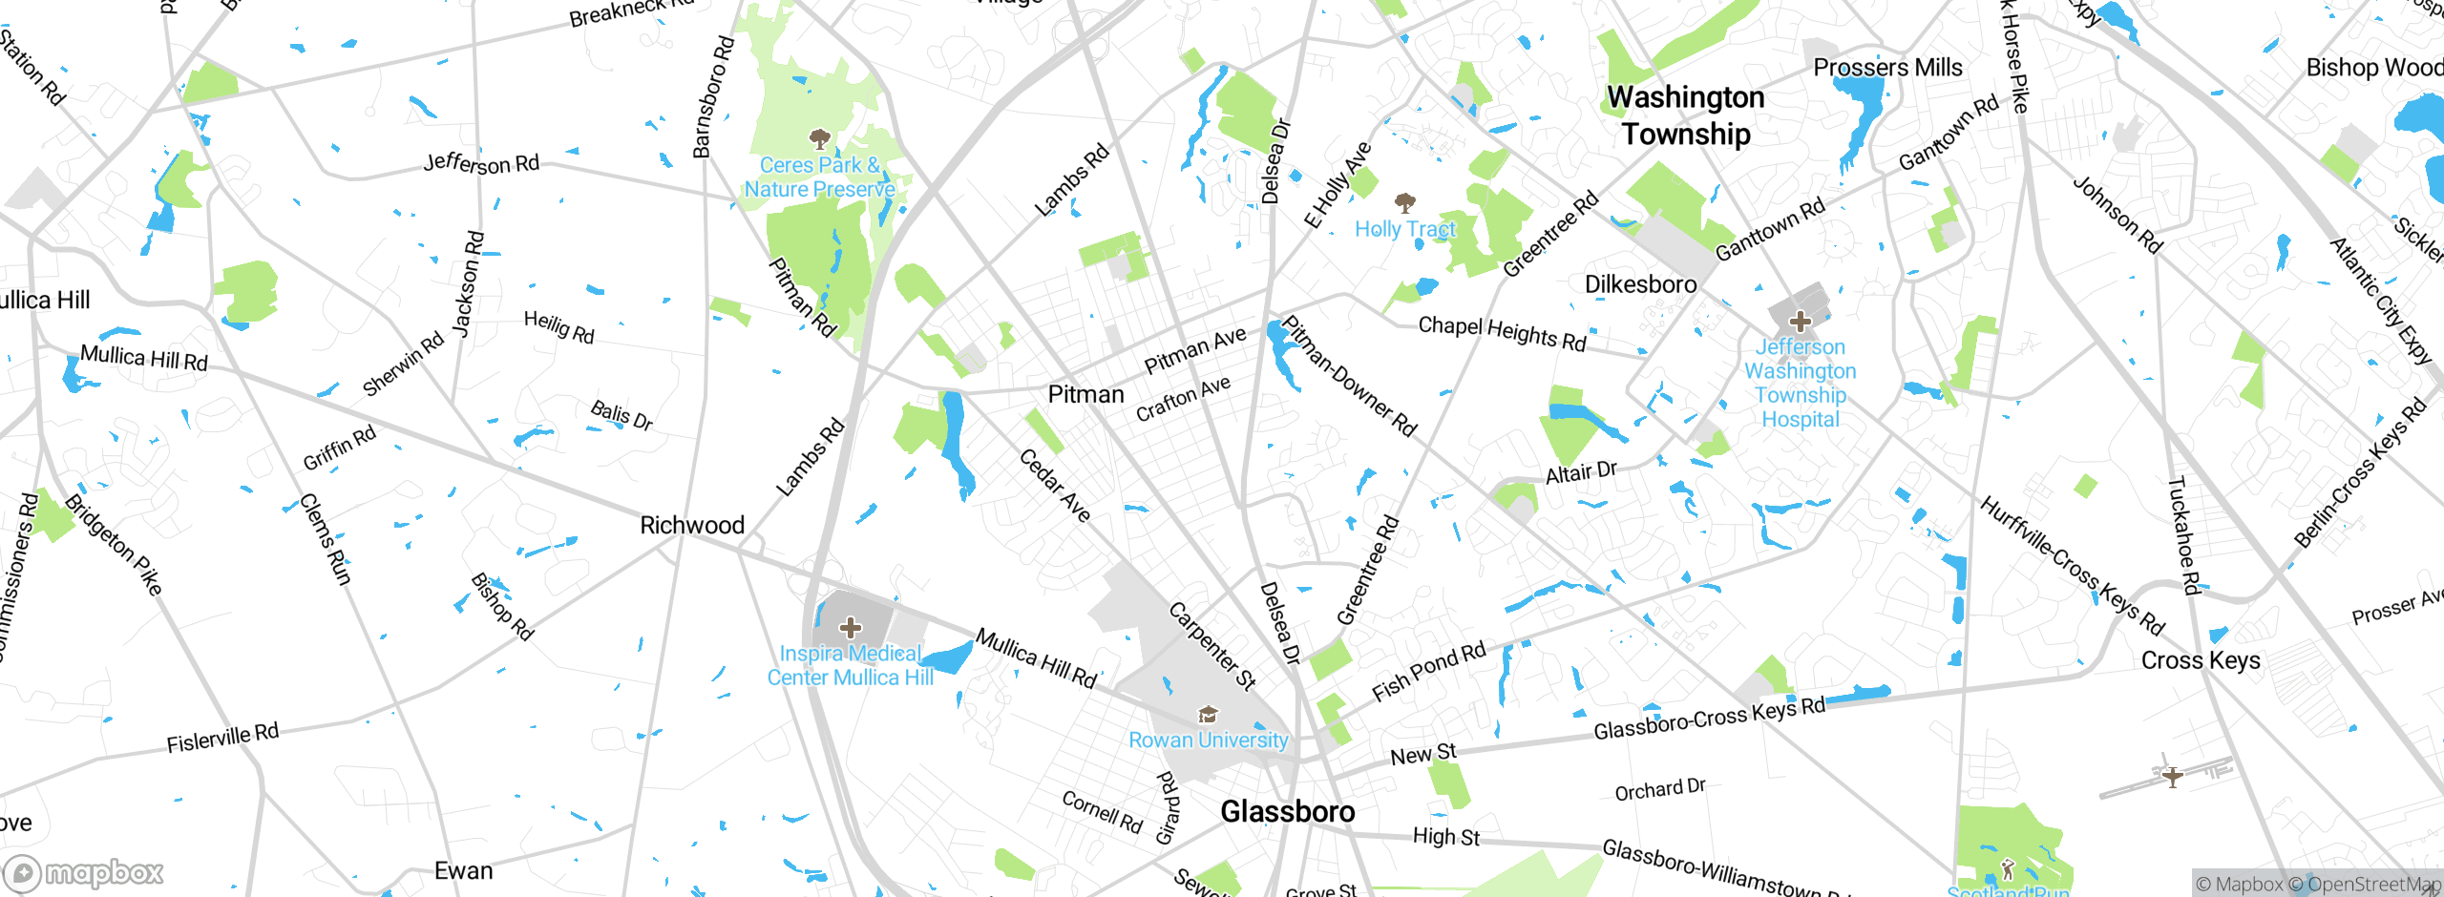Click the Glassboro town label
1287,812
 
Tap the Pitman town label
1085,394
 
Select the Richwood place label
691,525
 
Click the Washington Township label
1686,115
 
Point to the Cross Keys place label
2200,660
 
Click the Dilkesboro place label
1640,284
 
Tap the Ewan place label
463,870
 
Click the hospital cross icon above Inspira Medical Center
850,628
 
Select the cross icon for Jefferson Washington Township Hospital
1800,321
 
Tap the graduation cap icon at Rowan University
1208,715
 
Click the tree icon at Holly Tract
1404,202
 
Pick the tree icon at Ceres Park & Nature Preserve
819,139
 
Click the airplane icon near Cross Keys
2172,775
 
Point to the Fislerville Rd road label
222,738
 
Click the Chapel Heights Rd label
1502,333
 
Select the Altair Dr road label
1581,471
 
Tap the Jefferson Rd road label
481,163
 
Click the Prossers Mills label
1887,68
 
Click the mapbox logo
84,872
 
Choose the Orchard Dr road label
1659,789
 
